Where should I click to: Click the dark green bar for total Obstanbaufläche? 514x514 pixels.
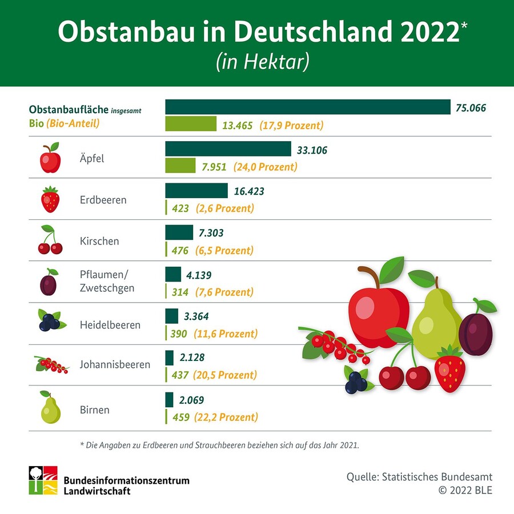pyautogui.click(x=308, y=107)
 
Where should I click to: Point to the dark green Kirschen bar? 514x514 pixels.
pyautogui.click(x=179, y=232)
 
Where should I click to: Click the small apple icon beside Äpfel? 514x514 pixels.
pyautogui.click(x=50, y=159)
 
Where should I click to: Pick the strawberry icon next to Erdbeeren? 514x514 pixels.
pyautogui.click(x=50, y=200)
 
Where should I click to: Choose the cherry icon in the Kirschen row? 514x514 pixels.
pyautogui.click(x=50, y=240)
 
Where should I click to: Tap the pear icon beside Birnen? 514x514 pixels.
pyautogui.click(x=50, y=408)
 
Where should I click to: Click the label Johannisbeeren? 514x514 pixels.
pyautogui.click(x=115, y=364)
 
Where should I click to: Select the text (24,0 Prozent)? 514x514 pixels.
pyautogui.click(x=265, y=167)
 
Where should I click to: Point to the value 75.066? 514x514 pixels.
pyautogui.click(x=471, y=107)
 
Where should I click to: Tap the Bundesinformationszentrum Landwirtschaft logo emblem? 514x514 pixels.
pyautogui.click(x=44, y=480)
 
